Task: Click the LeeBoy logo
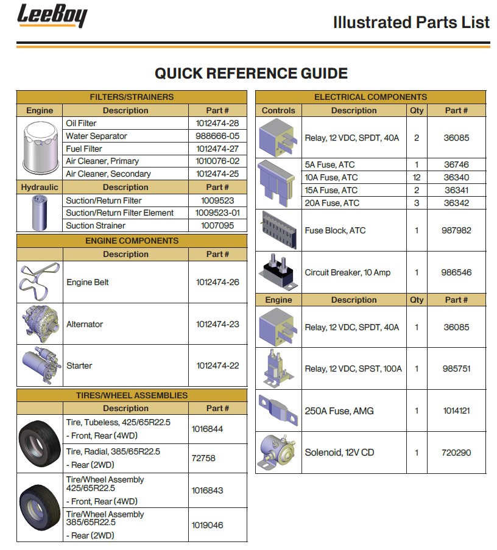pyautogui.click(x=52, y=16)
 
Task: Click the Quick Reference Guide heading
pyautogui.click(x=251, y=74)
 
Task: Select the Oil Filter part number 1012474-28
pyautogui.click(x=217, y=124)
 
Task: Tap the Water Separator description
pyautogui.click(x=96, y=136)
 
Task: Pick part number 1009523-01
pyautogui.click(x=217, y=213)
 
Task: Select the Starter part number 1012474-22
pyautogui.click(x=217, y=365)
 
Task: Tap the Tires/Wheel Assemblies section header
pyautogui.click(x=132, y=395)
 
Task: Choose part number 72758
pyautogui.click(x=203, y=458)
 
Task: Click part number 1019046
pyautogui.click(x=207, y=524)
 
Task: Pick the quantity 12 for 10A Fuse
pyautogui.click(x=417, y=177)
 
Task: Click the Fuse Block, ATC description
pyautogui.click(x=335, y=231)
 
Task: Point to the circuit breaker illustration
pyautogui.click(x=278, y=272)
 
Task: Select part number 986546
pyautogui.click(x=456, y=272)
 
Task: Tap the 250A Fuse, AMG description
pyautogui.click(x=339, y=411)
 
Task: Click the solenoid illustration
pyautogui.click(x=278, y=452)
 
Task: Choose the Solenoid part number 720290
pyautogui.click(x=456, y=453)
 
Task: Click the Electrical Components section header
pyautogui.click(x=370, y=97)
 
